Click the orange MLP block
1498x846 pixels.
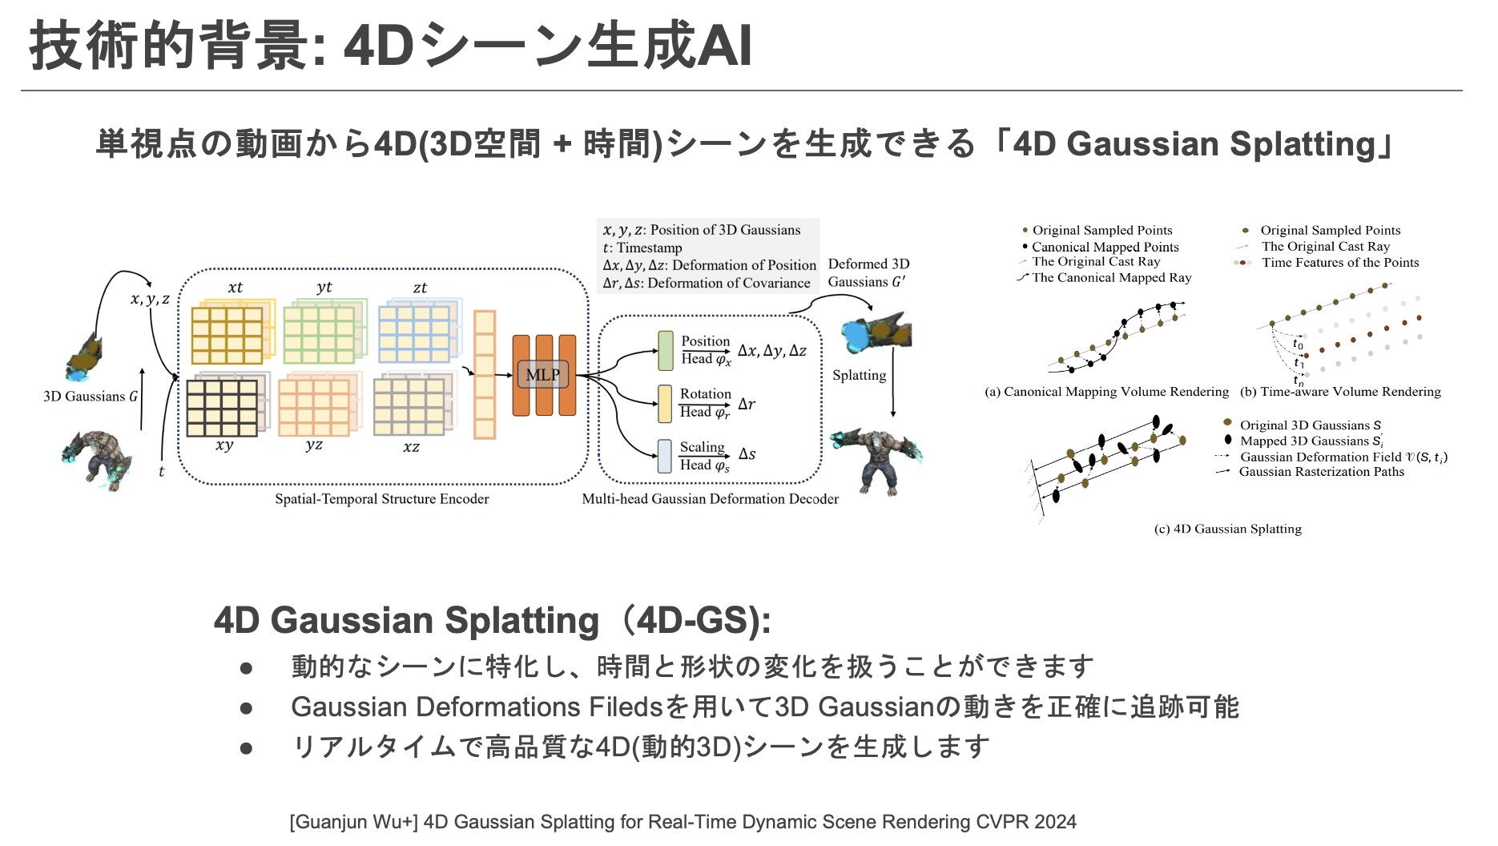[x=544, y=375]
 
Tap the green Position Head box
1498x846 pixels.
[x=666, y=351]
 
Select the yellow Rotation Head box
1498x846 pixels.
[x=665, y=404]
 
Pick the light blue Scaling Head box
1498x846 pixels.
[x=665, y=456]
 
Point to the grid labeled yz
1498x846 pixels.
[x=314, y=408]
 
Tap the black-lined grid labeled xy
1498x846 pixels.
[x=222, y=408]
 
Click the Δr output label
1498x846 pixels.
[x=747, y=405]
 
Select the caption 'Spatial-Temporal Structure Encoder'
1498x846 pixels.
[x=381, y=499]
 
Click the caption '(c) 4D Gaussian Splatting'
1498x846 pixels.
[x=1227, y=529]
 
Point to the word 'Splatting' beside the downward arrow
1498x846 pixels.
[x=859, y=375]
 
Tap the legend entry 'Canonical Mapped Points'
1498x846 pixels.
[x=1105, y=247]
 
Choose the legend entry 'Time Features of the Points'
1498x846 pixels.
[x=1339, y=263]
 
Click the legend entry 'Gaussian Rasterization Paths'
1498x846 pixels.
[x=1321, y=472]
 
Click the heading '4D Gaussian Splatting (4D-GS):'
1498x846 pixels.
[x=492, y=621]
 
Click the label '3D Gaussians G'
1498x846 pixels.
[x=91, y=397]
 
